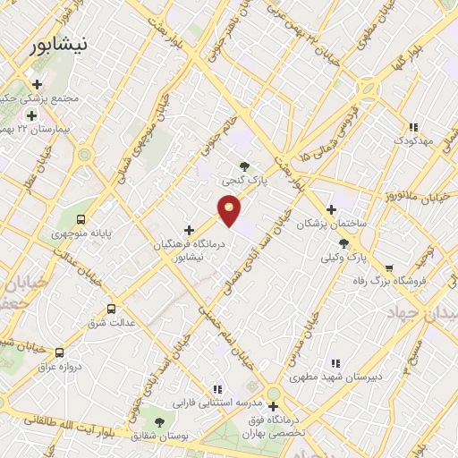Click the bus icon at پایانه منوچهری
click(x=81, y=218)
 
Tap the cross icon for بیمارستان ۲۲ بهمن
click(x=31, y=115)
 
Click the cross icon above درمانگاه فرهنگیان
click(x=189, y=230)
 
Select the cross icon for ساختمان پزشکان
click(x=331, y=208)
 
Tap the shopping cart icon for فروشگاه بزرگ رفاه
click(x=388, y=267)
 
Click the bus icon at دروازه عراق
click(x=60, y=352)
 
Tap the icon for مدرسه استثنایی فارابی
click(x=216, y=389)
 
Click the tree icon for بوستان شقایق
click(x=159, y=421)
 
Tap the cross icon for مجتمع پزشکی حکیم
click(x=37, y=84)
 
